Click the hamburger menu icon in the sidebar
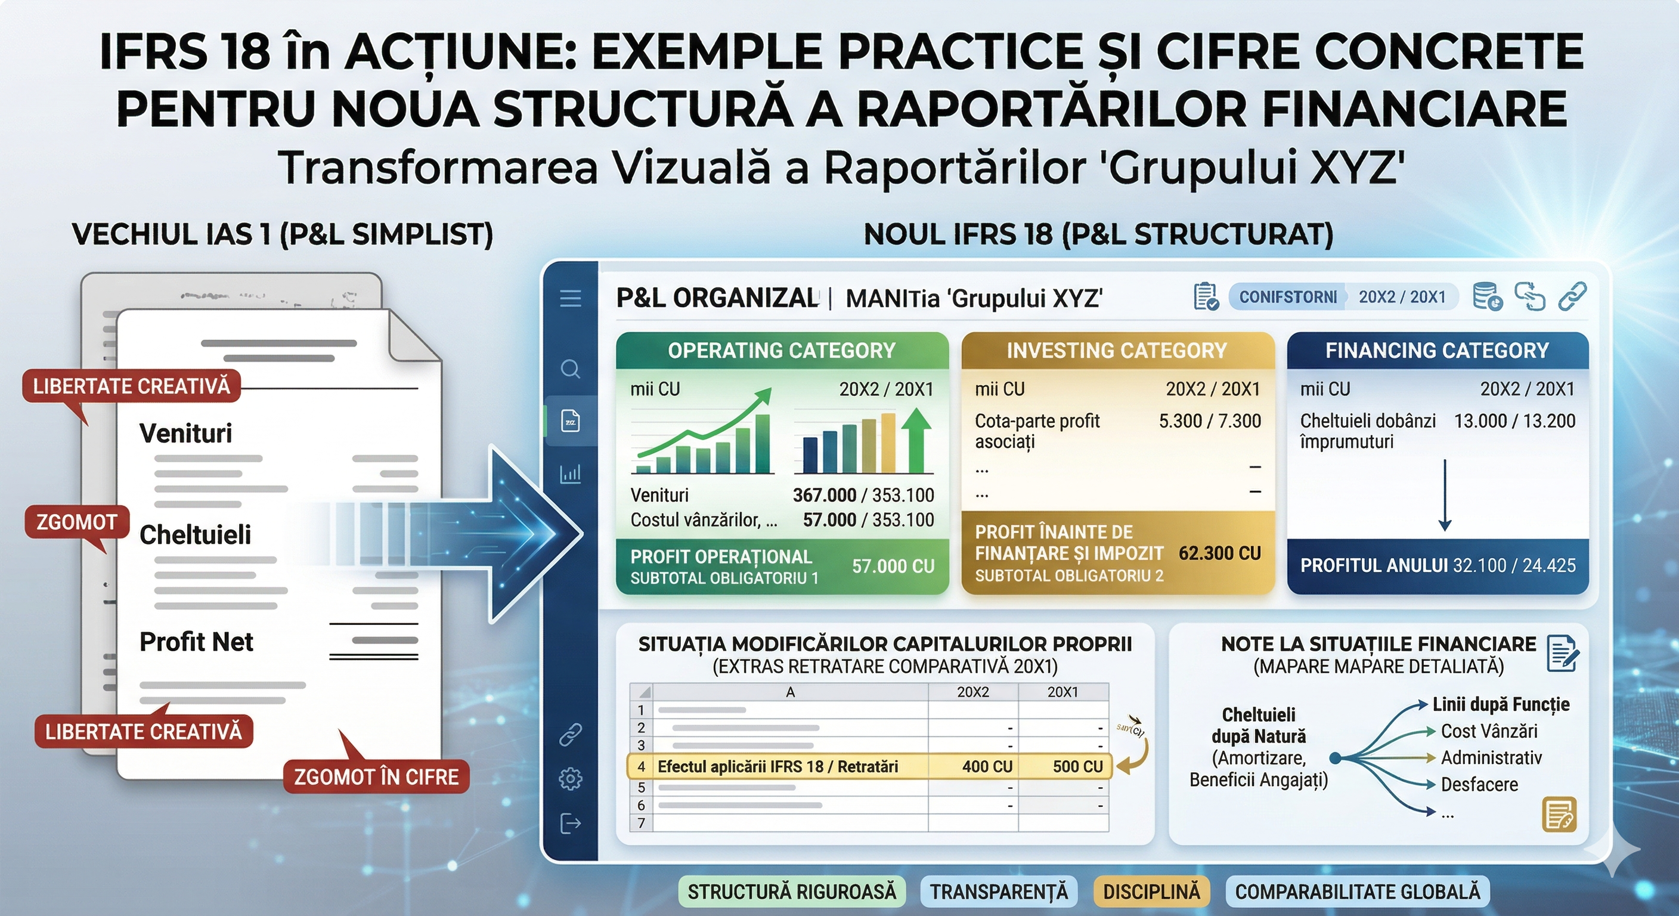(571, 299)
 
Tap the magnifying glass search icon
(571, 369)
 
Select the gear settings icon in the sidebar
(571, 778)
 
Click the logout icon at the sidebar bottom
(571, 824)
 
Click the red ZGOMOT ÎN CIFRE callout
(376, 776)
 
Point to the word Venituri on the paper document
(186, 434)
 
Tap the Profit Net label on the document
(196, 642)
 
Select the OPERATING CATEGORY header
(782, 351)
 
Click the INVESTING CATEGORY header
(1117, 351)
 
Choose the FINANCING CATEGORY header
(1437, 351)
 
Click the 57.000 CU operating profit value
(893, 566)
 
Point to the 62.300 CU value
(1219, 553)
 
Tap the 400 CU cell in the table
(987, 767)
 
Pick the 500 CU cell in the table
(1077, 767)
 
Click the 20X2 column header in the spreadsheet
(972, 692)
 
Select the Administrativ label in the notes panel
(1491, 757)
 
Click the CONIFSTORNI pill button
(1287, 298)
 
